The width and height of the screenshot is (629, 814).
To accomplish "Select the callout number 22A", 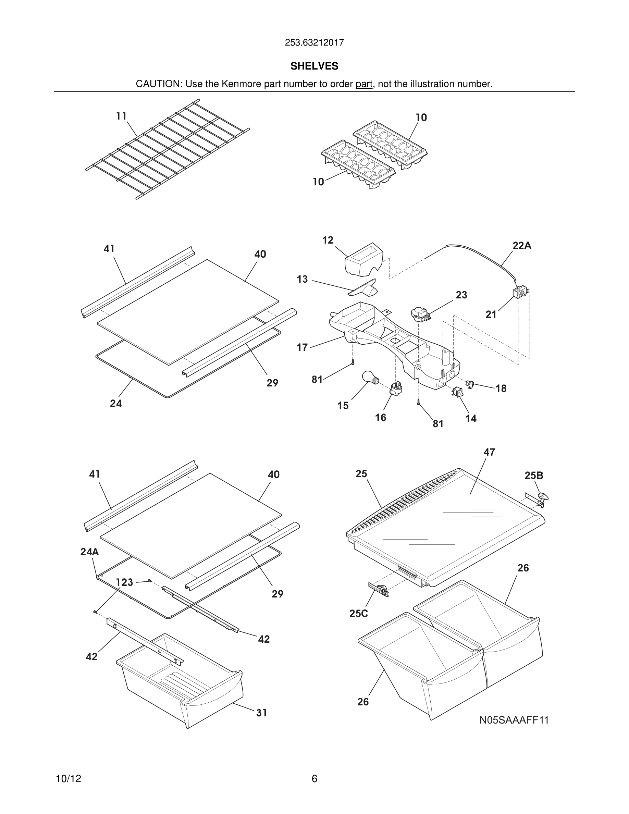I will tap(522, 246).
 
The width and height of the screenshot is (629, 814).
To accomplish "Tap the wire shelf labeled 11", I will tap(168, 149).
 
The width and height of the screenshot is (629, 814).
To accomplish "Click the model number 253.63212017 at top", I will tap(314, 43).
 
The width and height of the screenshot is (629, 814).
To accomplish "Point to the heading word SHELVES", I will tap(314, 66).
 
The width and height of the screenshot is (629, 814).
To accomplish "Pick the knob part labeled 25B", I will tap(543, 496).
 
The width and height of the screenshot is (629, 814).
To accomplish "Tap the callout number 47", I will tap(489, 452).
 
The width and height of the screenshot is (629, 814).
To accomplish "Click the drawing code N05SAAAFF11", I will tap(514, 720).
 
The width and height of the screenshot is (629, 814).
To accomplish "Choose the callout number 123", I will tap(124, 582).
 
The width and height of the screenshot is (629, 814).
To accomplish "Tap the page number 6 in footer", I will tap(314, 779).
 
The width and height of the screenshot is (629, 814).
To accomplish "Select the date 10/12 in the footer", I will tap(69, 779).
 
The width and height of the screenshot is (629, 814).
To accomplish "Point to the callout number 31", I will tap(262, 713).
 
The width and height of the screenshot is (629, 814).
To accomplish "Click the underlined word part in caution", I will tap(364, 84).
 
